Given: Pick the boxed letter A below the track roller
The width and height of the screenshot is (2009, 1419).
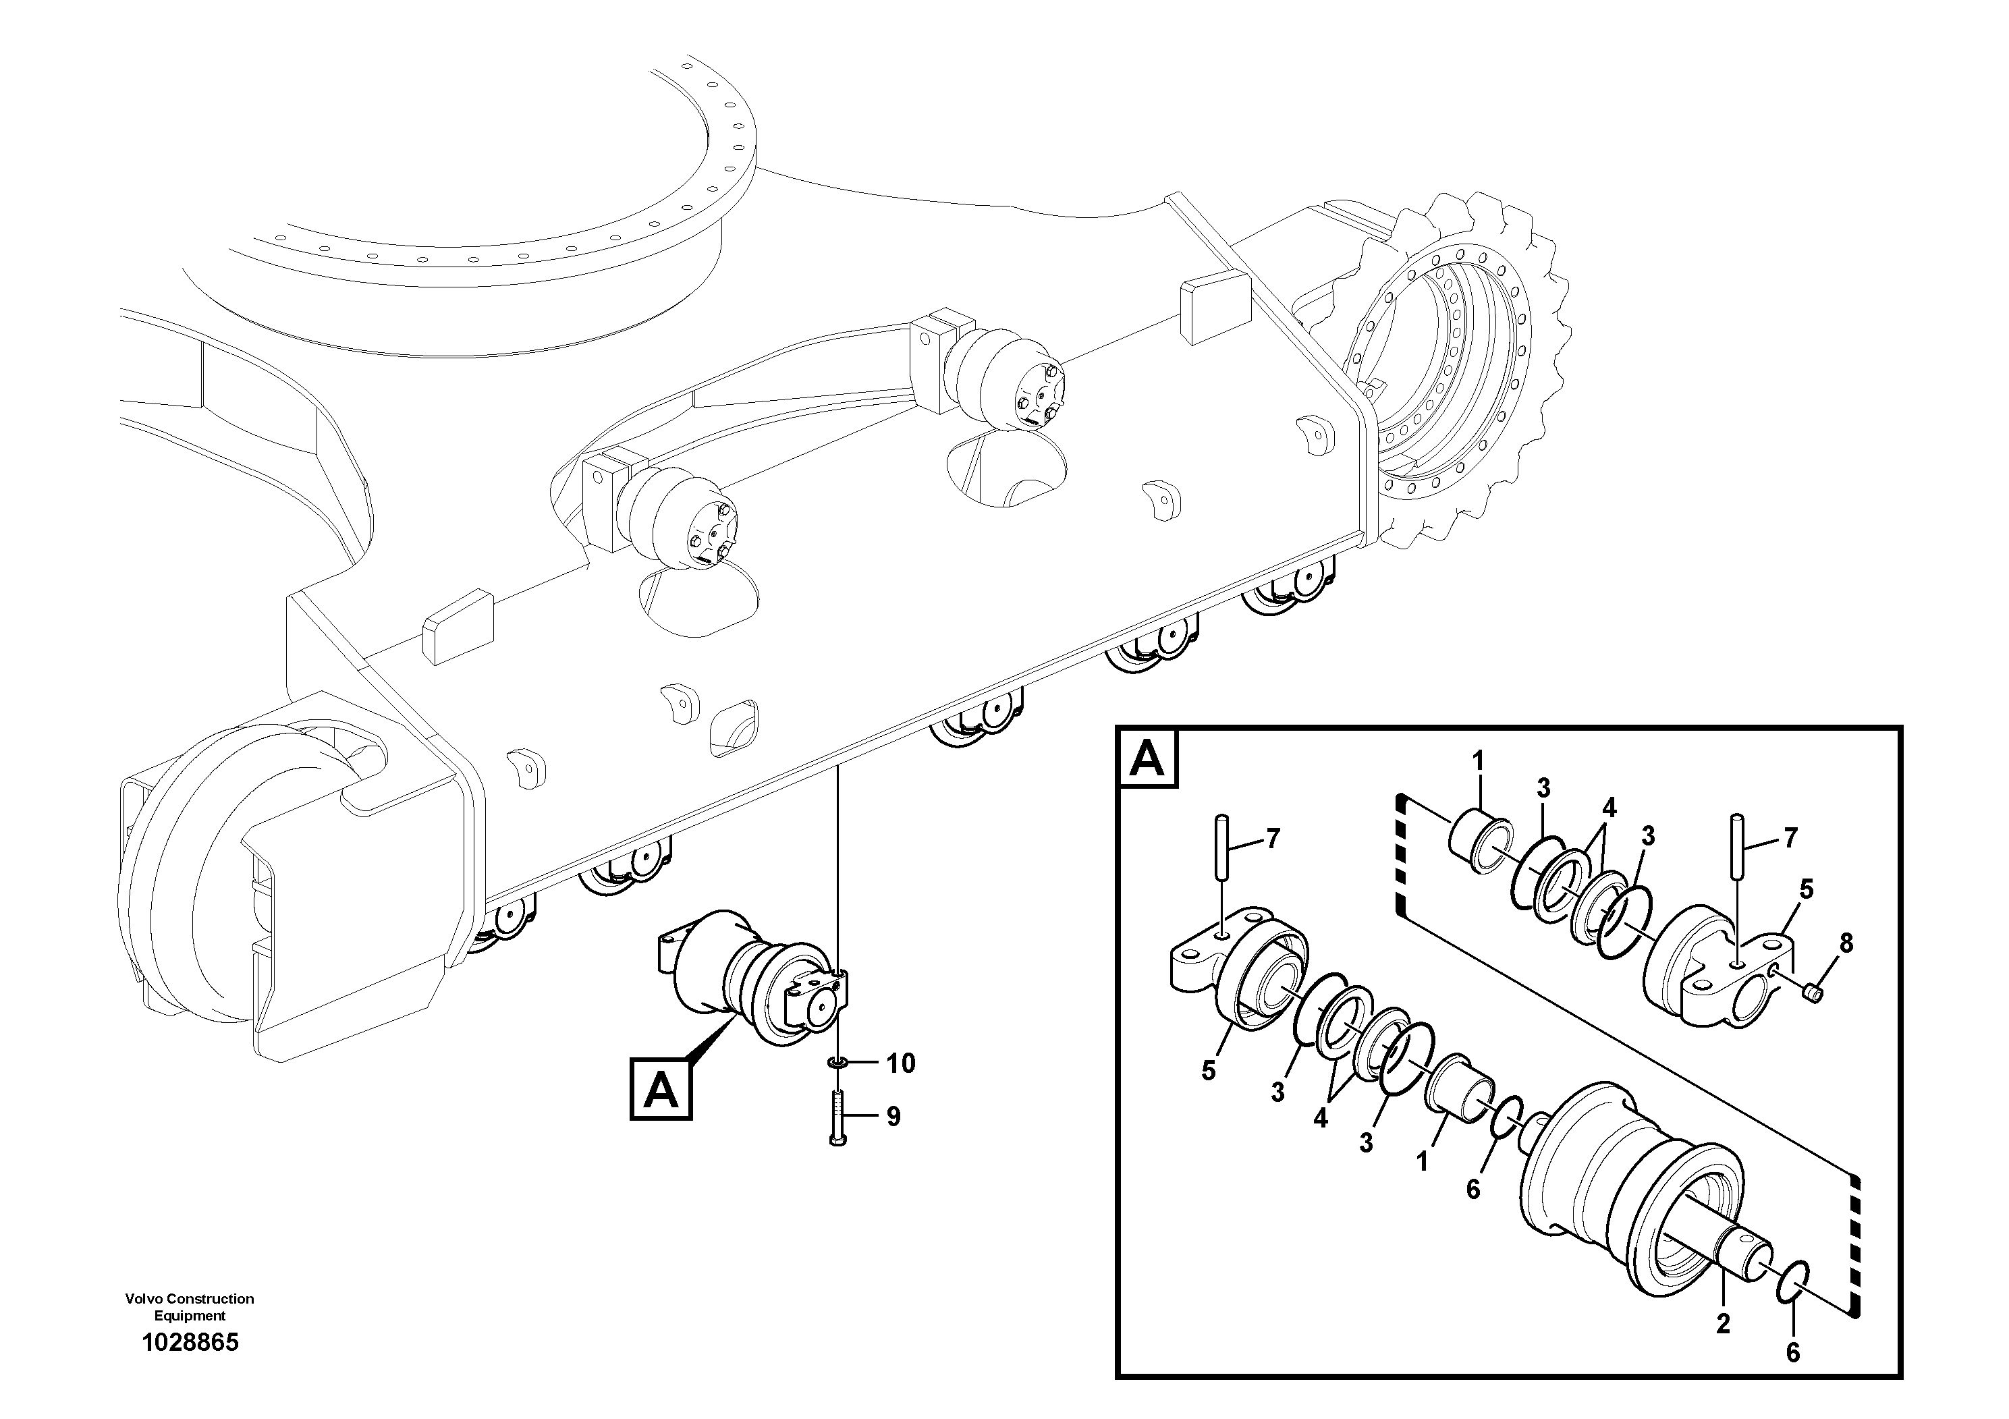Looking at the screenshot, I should [661, 1089].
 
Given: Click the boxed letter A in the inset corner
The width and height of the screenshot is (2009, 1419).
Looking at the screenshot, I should [1147, 758].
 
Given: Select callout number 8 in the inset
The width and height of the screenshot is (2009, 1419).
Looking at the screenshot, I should [1846, 943].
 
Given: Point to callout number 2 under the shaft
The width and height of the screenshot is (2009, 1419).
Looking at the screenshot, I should [1723, 1349].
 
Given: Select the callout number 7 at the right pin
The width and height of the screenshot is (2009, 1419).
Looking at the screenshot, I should [1790, 838].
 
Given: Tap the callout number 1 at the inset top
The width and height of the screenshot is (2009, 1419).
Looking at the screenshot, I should [1478, 762].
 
